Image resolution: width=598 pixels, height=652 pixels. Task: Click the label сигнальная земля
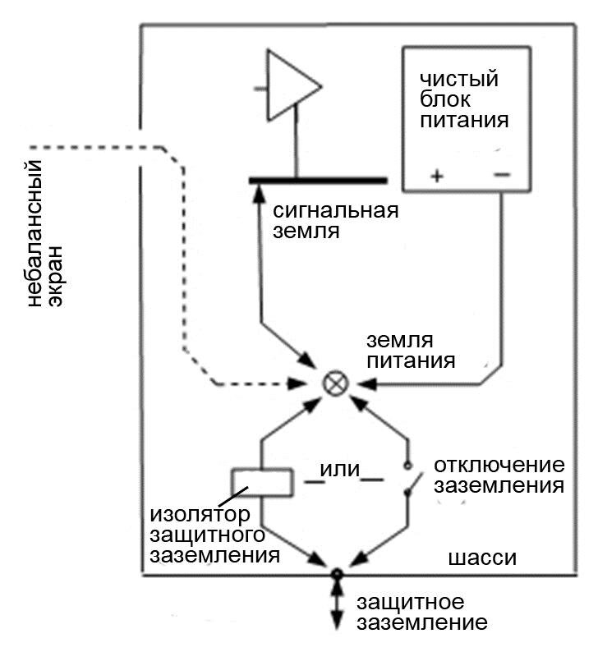[x=334, y=220]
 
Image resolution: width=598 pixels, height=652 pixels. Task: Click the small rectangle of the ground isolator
[x=261, y=483]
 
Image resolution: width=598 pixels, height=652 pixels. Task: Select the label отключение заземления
[x=498, y=475]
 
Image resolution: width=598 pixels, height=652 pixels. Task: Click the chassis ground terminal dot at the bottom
[x=335, y=574]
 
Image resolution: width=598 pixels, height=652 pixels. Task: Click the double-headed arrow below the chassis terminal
[x=335, y=608]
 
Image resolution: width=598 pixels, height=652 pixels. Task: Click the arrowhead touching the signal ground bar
[x=260, y=191]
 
